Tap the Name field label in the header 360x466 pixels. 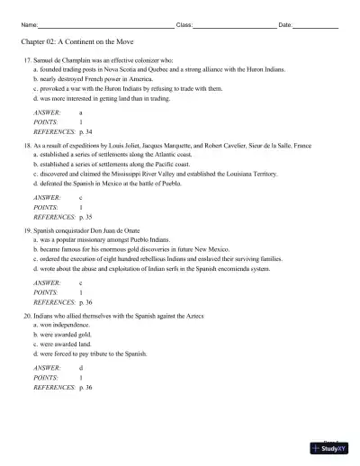coord(28,24)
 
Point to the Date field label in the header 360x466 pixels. coord(285,24)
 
